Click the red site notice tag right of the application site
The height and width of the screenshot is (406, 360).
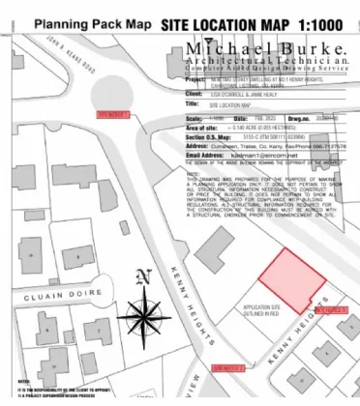pos(332,309)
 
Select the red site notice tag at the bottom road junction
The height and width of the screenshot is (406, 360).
pos(229,368)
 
